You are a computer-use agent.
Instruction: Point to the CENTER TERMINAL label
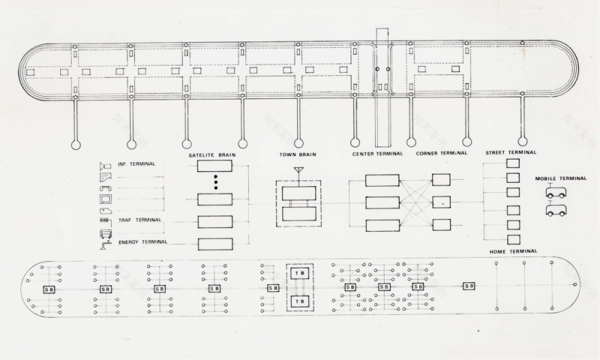378,153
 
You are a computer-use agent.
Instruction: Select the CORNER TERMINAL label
442,153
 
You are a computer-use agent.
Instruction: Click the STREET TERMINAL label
511,153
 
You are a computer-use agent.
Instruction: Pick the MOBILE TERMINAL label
560,179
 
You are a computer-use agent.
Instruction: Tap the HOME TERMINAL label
513,252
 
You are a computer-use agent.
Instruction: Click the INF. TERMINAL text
136,164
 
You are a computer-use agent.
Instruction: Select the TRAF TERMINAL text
140,220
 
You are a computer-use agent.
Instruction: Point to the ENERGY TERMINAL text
142,242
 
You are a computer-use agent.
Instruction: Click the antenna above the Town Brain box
299,170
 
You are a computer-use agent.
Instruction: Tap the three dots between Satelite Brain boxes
215,183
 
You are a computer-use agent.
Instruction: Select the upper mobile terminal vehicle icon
556,193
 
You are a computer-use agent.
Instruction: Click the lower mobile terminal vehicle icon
556,210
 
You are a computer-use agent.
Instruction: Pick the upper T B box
299,273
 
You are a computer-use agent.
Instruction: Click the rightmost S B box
468,286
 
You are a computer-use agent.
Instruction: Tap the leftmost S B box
49,289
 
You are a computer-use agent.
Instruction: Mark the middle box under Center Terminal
382,202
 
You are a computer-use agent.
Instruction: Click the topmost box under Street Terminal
513,164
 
